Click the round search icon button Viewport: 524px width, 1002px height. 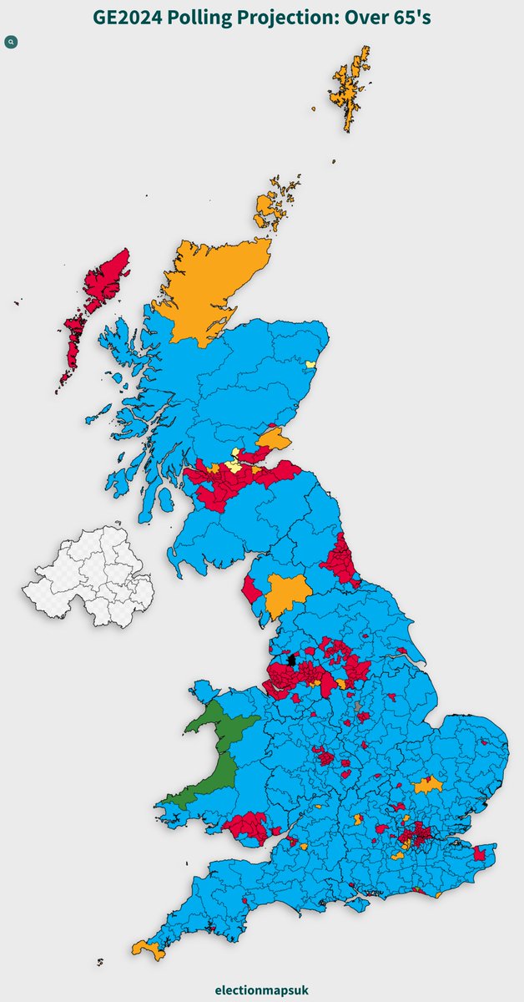[11, 42]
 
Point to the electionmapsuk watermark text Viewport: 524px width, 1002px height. [262, 989]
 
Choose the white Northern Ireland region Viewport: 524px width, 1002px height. [88, 576]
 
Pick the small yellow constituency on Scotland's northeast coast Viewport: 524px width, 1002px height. [311, 365]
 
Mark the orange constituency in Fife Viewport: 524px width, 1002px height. [274, 438]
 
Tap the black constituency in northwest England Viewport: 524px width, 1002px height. [291, 659]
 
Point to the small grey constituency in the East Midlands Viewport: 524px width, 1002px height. [358, 707]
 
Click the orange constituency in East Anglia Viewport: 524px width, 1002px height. [429, 785]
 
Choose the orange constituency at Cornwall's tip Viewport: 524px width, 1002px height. [149, 949]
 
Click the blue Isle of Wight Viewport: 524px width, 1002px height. [359, 903]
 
